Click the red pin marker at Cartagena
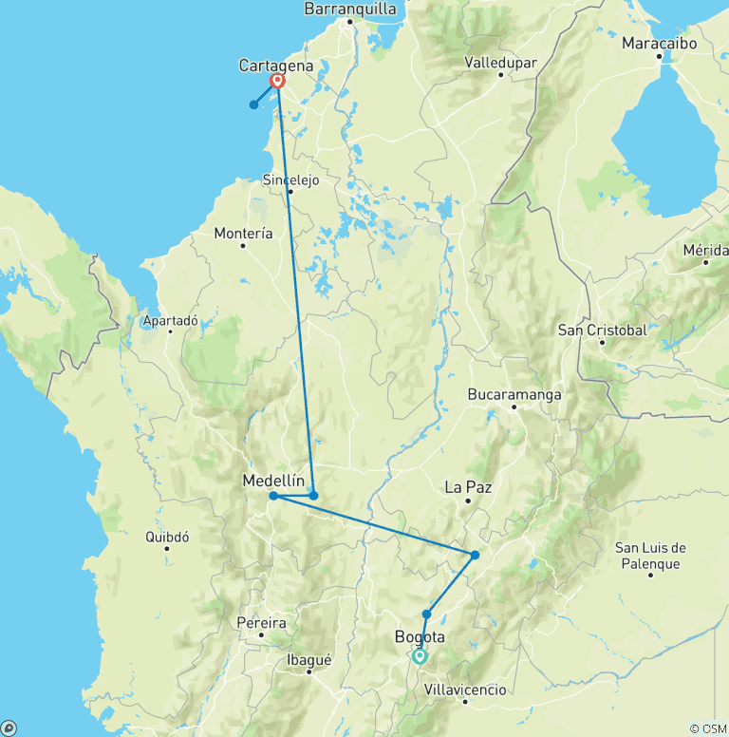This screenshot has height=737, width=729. click(x=277, y=81)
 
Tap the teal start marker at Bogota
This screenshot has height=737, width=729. click(x=420, y=656)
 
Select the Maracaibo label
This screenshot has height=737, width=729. click(x=659, y=44)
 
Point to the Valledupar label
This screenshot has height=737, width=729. click(x=501, y=63)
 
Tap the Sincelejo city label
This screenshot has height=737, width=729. click(x=290, y=180)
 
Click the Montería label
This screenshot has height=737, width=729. click(x=243, y=233)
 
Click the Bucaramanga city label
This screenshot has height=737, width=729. click(x=514, y=394)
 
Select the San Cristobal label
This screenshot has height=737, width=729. click(x=602, y=331)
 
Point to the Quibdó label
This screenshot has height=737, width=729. click(x=167, y=537)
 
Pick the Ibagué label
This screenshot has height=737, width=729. click(x=308, y=660)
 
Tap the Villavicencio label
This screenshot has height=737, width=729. click(x=465, y=690)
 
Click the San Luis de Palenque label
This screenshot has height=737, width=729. click(x=648, y=556)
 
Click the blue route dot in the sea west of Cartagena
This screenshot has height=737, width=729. click(x=253, y=104)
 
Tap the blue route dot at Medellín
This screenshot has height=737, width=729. click(x=273, y=496)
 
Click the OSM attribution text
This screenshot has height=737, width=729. click(x=707, y=728)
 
